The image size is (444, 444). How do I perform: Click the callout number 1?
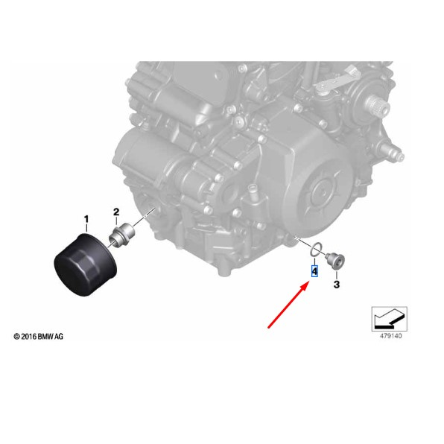pyautogui.click(x=86, y=219)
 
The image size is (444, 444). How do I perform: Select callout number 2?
pyautogui.click(x=116, y=212)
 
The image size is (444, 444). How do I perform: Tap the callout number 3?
pyautogui.click(x=336, y=285)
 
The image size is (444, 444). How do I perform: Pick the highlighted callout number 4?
pyautogui.click(x=314, y=271)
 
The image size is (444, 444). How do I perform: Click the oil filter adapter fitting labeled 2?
pyautogui.click(x=118, y=238)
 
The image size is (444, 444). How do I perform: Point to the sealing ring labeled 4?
pyautogui.click(x=315, y=250)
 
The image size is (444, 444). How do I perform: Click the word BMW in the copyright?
pyautogui.click(x=45, y=337)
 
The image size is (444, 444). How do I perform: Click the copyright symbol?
pyautogui.click(x=16, y=337)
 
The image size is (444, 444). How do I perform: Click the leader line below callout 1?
pyautogui.click(x=86, y=229)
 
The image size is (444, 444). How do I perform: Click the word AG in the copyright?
pyautogui.click(x=59, y=337)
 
